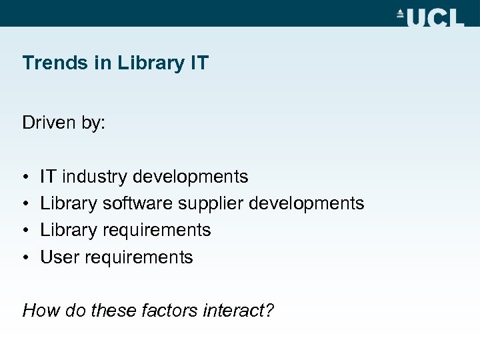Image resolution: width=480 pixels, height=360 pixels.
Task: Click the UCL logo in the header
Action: coord(430,16)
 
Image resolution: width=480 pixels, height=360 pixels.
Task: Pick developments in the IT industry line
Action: coord(191,177)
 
